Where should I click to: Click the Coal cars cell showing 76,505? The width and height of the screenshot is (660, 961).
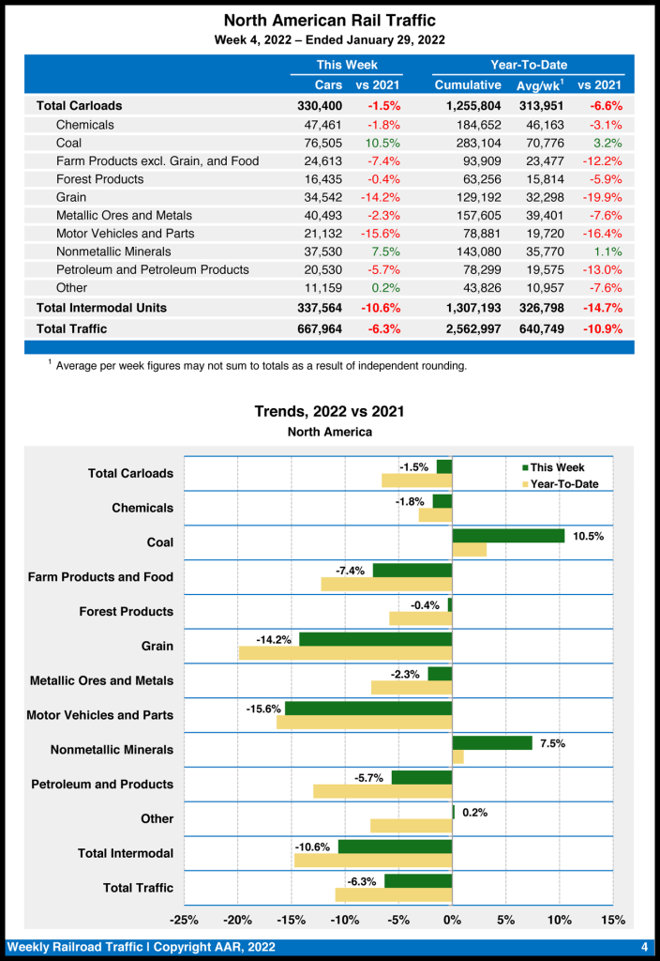pos(323,143)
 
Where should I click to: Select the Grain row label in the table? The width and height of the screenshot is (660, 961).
pos(71,197)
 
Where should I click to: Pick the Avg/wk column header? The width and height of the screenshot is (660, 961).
pos(537,85)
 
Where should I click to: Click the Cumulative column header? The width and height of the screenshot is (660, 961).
pos(468,85)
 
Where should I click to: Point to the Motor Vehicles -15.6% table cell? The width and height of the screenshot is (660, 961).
pos(381,234)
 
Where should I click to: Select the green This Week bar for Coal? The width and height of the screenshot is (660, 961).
pos(508,536)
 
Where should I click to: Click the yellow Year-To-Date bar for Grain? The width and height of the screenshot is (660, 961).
pos(346,652)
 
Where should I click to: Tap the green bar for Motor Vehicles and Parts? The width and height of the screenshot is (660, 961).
pos(368,709)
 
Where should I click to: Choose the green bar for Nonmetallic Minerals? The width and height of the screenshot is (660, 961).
pos(492,743)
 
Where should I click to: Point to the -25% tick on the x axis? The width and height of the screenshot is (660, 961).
pos(184,920)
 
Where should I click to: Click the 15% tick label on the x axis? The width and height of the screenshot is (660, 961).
pos(612,920)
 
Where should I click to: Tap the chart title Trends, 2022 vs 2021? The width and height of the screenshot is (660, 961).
pos(329,411)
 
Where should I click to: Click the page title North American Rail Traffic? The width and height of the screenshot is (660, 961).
pos(329,20)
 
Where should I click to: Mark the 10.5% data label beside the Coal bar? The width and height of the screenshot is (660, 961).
pos(589,536)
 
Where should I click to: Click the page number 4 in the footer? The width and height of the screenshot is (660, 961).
pos(645,945)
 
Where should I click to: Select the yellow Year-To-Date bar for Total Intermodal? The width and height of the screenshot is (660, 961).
pos(373,860)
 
